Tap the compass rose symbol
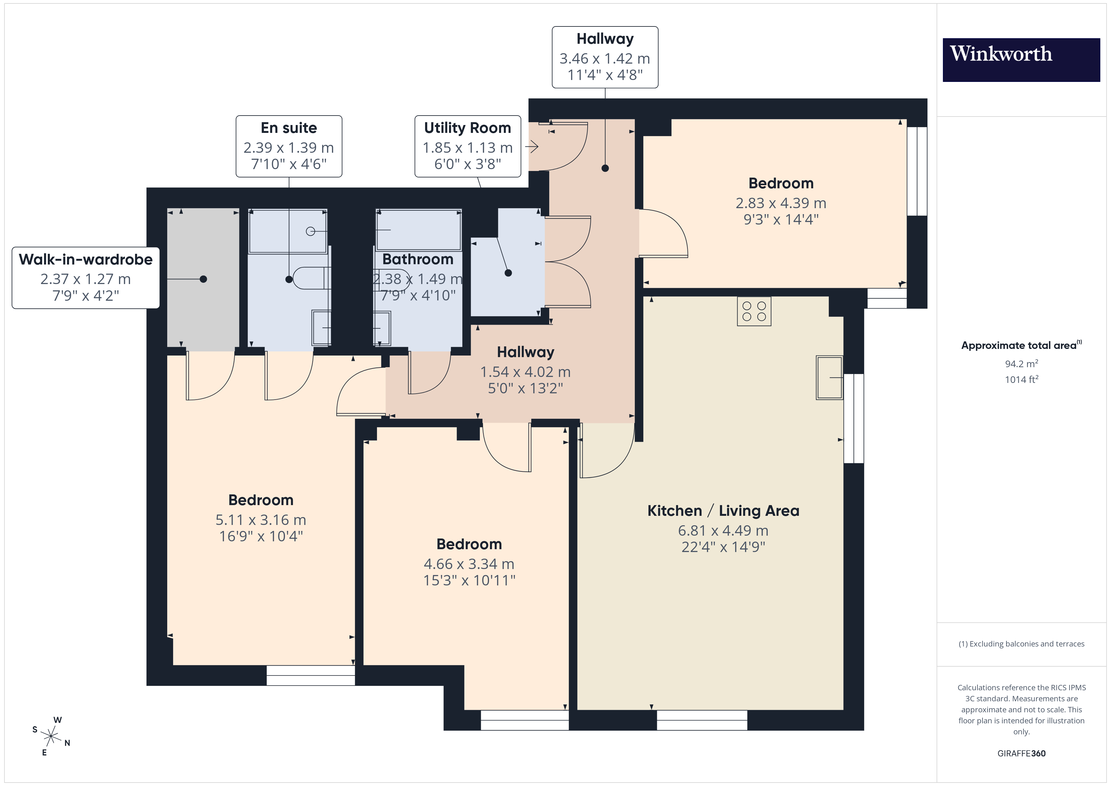click(x=51, y=737)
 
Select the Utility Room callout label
click(x=467, y=146)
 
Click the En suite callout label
click(x=289, y=146)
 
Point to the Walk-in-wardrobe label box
click(x=86, y=278)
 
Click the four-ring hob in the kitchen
click(x=754, y=311)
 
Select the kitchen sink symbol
click(x=829, y=378)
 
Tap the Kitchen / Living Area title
click(x=723, y=510)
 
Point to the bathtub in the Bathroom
click(x=419, y=231)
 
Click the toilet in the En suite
click(x=310, y=278)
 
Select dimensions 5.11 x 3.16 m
click(x=261, y=520)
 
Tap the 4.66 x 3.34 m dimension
click(x=469, y=564)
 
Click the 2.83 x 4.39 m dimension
click(x=781, y=203)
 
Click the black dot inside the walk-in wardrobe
click(x=203, y=279)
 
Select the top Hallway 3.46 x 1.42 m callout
click(x=605, y=57)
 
